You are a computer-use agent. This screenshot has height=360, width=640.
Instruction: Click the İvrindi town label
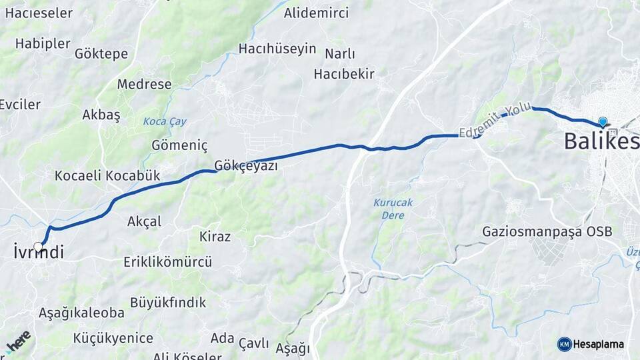click(39, 253)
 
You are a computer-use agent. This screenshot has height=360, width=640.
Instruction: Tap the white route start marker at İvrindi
click(38, 247)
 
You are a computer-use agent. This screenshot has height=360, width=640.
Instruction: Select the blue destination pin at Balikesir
click(603, 122)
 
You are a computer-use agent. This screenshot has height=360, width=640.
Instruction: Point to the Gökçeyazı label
click(246, 165)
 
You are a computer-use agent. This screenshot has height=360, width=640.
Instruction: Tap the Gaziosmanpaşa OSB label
click(547, 231)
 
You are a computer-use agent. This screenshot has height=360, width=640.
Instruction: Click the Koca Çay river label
click(165, 122)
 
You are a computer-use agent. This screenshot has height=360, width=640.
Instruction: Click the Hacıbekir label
click(344, 73)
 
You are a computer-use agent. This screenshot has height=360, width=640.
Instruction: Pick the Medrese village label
click(145, 85)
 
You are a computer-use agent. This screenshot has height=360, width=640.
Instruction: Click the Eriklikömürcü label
click(168, 262)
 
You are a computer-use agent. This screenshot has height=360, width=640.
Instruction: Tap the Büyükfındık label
click(168, 303)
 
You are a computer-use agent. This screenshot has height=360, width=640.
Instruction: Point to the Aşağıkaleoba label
click(81, 313)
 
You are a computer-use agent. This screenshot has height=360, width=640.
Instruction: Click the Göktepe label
click(101, 53)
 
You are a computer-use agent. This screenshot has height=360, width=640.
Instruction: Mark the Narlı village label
click(340, 54)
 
